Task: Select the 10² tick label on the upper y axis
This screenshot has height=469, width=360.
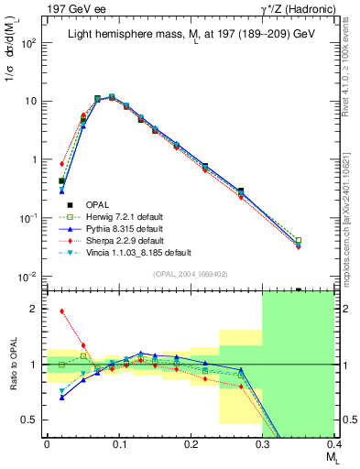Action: click(x=28, y=43)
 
